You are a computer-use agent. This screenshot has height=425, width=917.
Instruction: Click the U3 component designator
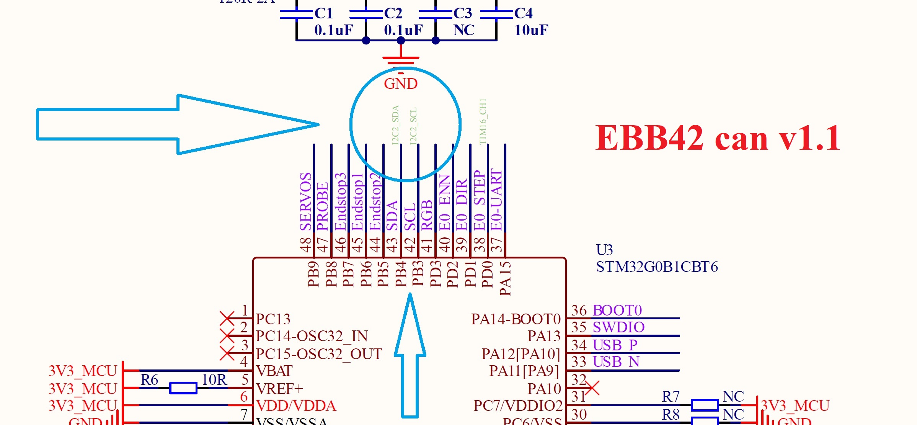click(604, 250)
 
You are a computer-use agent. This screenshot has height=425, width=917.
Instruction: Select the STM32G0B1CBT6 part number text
click(657, 267)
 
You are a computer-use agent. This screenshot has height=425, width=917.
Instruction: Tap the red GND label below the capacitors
click(401, 84)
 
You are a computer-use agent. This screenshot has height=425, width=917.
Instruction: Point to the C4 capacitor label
click(523, 13)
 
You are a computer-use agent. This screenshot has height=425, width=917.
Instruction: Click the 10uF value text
click(531, 30)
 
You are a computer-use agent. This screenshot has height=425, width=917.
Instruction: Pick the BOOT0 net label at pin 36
click(617, 311)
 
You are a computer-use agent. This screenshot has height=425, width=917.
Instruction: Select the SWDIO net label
click(618, 327)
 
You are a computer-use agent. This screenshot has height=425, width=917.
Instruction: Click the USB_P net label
click(615, 345)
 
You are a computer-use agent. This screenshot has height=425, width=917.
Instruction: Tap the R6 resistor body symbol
click(183, 388)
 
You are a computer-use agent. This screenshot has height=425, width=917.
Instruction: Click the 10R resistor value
click(214, 380)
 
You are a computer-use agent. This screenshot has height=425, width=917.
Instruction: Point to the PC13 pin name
click(273, 319)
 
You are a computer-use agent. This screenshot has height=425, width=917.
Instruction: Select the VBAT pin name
click(274, 371)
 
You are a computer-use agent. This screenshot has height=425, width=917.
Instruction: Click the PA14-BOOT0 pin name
click(516, 319)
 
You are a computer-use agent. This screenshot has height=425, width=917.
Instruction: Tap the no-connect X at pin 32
click(592, 387)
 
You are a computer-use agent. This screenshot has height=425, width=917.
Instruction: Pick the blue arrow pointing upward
click(410, 356)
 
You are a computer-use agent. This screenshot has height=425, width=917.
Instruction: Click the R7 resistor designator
click(671, 397)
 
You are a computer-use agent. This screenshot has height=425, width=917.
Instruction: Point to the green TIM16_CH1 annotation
click(483, 121)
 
